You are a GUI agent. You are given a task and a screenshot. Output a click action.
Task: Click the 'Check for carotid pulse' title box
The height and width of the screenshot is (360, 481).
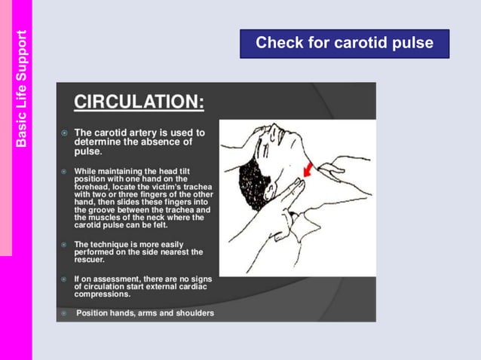[x=345, y=43]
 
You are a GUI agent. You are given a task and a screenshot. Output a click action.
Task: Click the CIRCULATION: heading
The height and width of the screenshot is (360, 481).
[x=138, y=102]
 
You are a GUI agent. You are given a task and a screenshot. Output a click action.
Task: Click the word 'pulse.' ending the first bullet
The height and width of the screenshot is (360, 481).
[x=87, y=151]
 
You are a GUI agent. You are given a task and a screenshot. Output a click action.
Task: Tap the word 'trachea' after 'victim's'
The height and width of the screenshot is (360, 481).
[x=195, y=187]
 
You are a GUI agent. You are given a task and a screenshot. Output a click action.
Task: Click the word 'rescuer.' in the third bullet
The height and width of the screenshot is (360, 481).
[x=89, y=260]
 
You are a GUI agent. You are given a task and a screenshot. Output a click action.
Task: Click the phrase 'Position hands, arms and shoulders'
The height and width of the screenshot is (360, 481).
[x=145, y=313]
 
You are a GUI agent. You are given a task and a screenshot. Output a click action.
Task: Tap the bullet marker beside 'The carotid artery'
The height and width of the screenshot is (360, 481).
[x=64, y=133]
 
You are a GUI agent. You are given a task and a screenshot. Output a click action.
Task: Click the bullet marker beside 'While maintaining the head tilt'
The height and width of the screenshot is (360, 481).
[x=64, y=171]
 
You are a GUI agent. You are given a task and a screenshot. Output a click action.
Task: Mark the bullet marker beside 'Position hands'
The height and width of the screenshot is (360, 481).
[x=64, y=313]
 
